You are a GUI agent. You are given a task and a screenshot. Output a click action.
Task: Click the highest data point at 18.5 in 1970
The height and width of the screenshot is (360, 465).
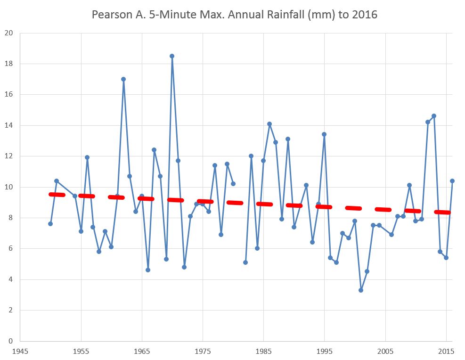[x=172, y=56]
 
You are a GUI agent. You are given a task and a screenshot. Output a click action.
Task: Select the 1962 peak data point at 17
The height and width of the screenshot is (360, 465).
[x=123, y=79]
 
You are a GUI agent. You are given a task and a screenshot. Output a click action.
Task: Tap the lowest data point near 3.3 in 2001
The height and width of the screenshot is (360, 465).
[x=361, y=290]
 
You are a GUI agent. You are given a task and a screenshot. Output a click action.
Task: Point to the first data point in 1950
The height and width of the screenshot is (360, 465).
[x=50, y=224]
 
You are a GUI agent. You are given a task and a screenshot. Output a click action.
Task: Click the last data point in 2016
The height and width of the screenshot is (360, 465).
[x=452, y=181]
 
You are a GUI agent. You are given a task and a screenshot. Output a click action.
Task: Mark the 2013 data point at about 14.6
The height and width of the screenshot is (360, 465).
[x=434, y=116]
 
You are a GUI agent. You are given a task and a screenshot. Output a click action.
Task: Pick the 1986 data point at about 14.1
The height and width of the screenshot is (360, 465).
[x=269, y=124]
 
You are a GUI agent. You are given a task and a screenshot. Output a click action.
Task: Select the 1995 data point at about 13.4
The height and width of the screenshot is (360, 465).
[x=324, y=134]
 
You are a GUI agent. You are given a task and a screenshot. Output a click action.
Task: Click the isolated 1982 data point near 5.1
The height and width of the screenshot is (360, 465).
[x=245, y=262]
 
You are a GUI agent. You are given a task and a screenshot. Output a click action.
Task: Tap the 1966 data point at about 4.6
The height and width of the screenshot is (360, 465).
[x=148, y=270]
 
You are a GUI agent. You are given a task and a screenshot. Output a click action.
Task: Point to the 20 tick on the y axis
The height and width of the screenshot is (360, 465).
[x=9, y=33]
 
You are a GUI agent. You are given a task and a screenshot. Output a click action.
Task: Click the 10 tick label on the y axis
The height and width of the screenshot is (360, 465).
[x=9, y=187]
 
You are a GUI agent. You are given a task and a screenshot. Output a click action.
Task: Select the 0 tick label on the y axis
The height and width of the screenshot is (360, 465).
[x=11, y=341]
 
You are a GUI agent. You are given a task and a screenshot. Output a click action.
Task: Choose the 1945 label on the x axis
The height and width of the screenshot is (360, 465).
[x=20, y=351]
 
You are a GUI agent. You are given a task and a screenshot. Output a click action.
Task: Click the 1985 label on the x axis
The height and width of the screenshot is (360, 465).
[x=264, y=351]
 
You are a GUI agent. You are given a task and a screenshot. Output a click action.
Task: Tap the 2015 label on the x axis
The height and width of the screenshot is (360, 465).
[x=446, y=351]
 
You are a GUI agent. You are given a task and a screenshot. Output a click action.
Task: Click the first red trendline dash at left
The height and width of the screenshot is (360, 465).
[x=57, y=194]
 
